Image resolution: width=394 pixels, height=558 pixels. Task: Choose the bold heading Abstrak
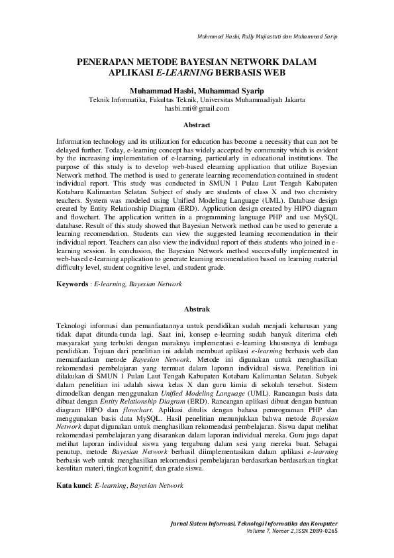coord(197,309)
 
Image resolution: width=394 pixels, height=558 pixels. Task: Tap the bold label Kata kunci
coord(74,486)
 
